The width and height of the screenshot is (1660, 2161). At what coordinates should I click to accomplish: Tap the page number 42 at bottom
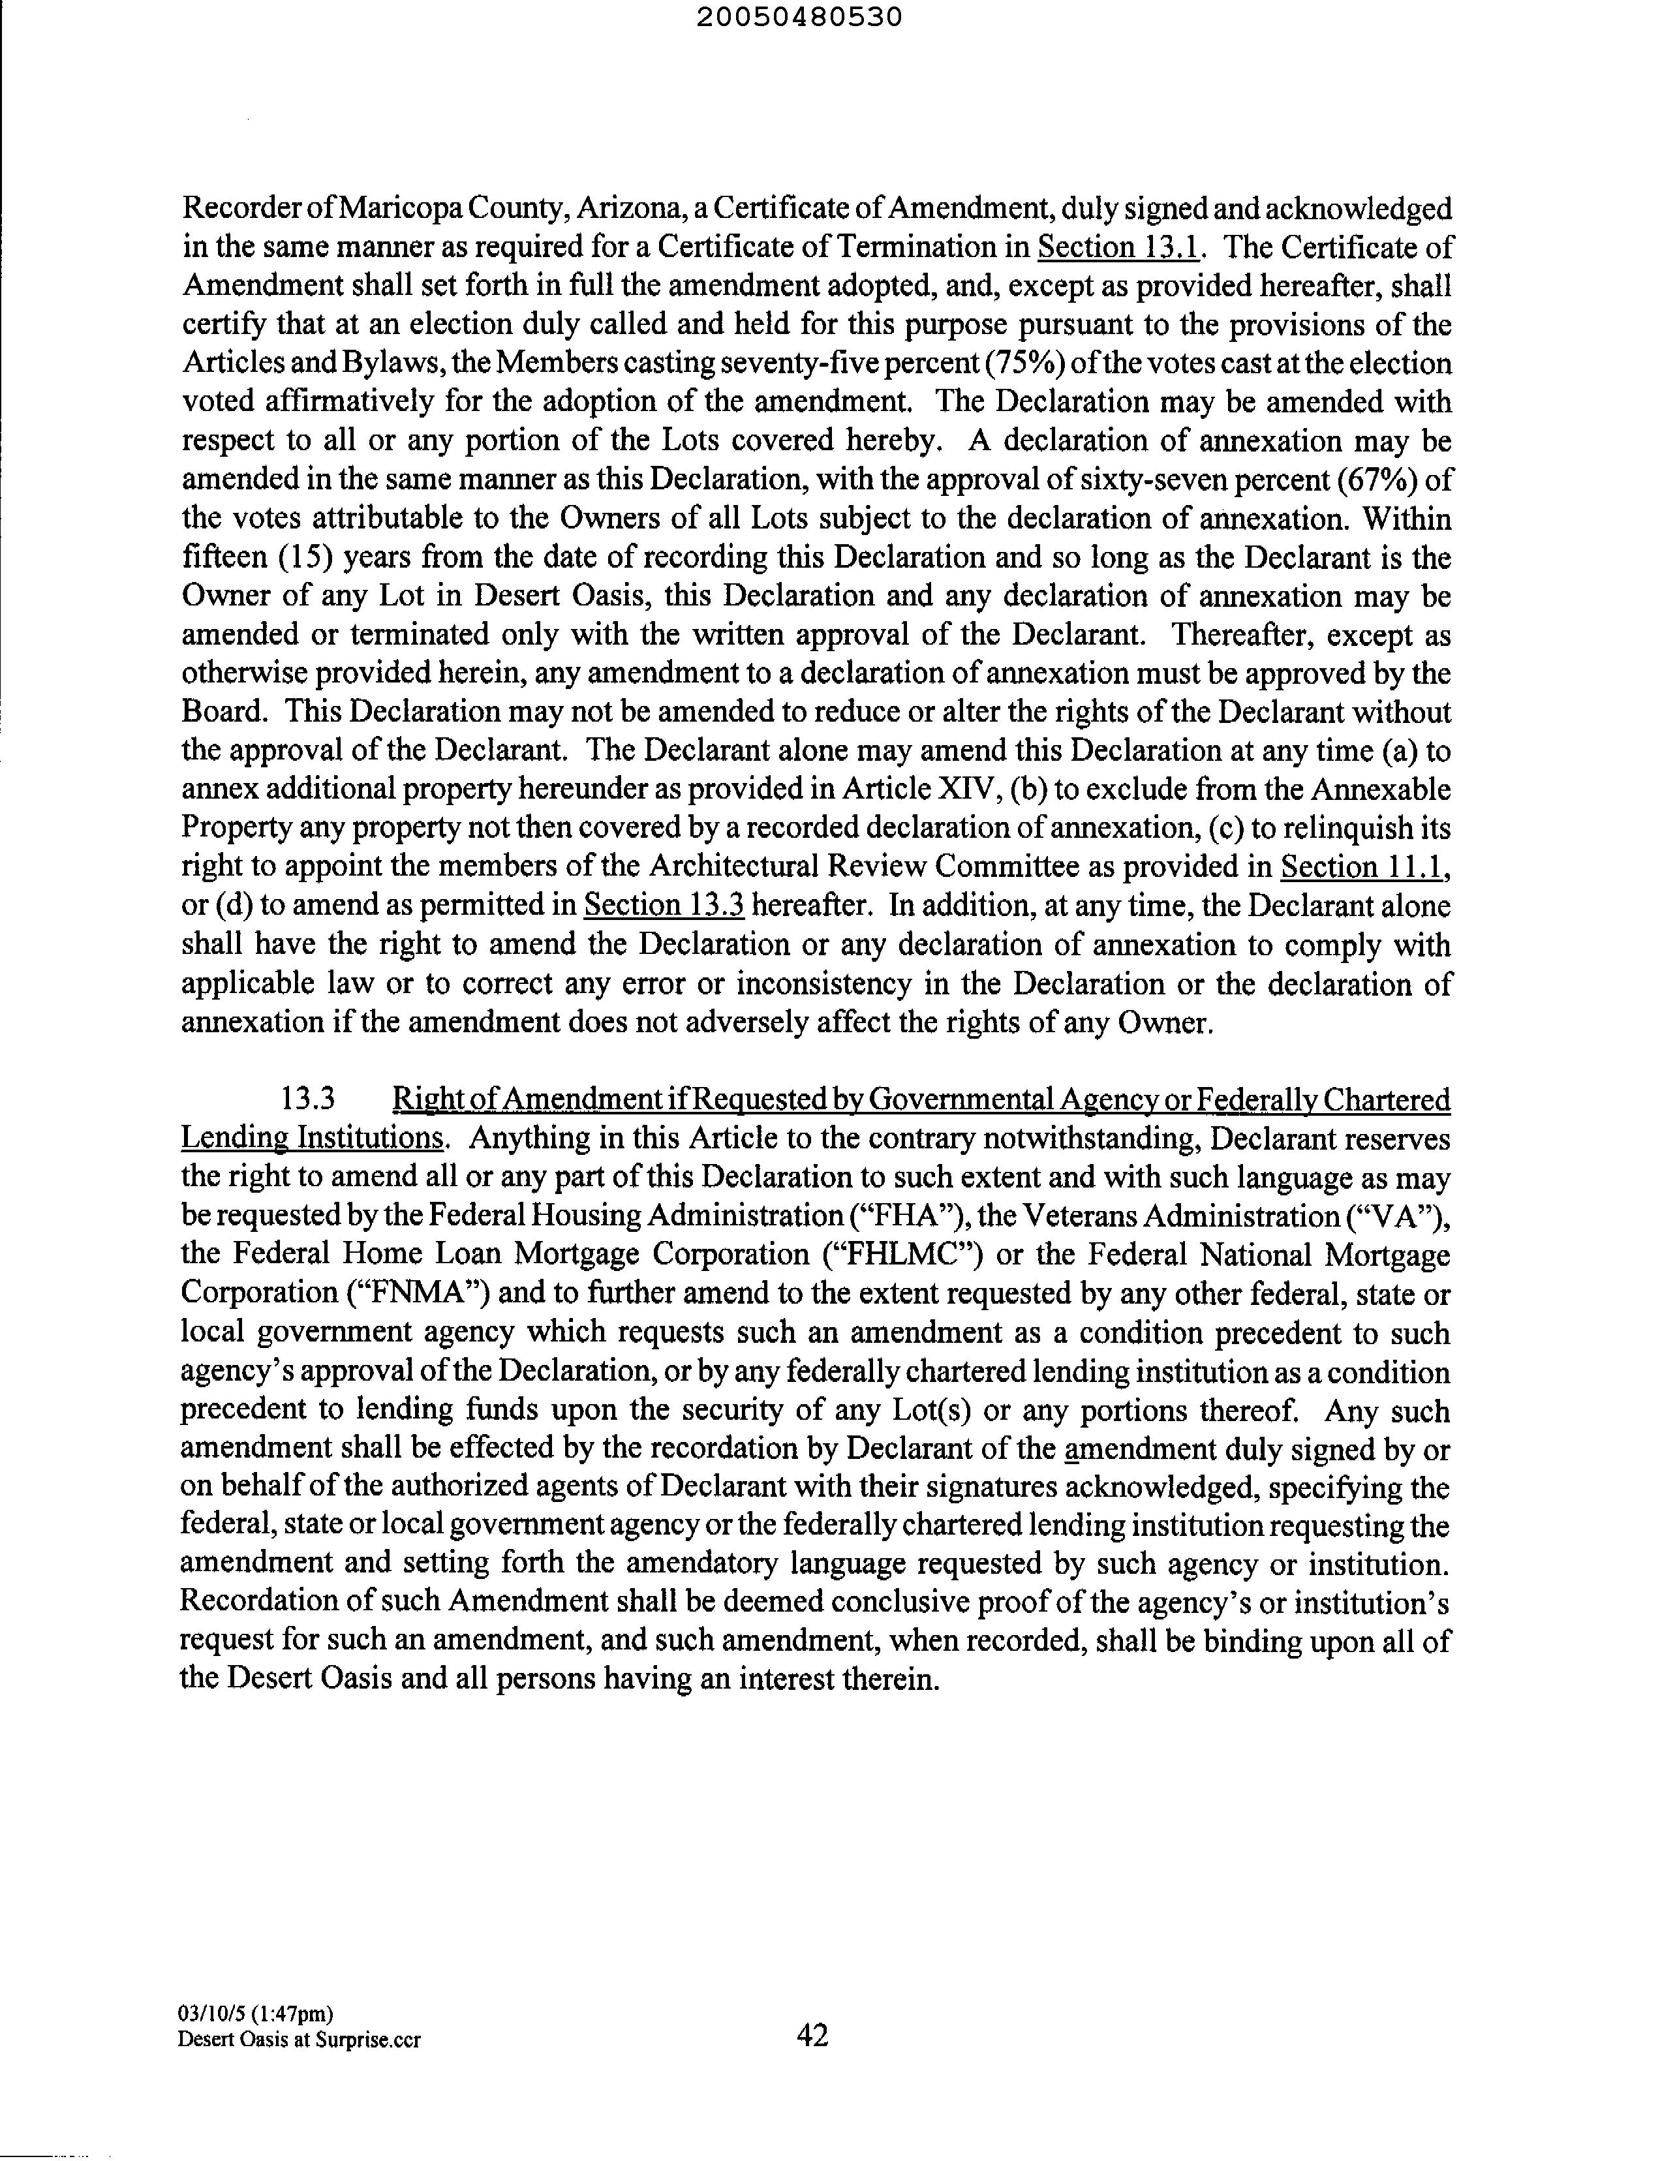812,2034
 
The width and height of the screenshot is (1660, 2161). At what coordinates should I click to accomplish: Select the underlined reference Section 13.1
1120,247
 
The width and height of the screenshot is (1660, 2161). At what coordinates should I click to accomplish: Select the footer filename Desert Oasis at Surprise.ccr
298,2040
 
